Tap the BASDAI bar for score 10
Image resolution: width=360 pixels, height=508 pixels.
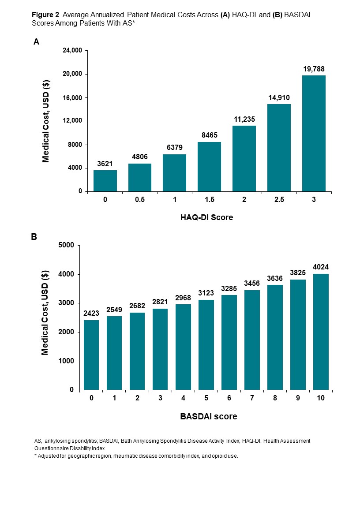320,332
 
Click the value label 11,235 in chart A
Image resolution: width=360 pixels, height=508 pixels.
244,119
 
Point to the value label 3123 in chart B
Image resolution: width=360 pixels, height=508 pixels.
206,293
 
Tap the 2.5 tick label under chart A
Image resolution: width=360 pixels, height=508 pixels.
279,200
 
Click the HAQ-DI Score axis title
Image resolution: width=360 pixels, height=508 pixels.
206,217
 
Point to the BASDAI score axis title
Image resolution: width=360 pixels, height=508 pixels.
208,416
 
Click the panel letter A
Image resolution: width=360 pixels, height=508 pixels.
37,42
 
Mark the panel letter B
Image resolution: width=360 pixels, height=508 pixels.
34,237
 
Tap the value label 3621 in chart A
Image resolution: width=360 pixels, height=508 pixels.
105,164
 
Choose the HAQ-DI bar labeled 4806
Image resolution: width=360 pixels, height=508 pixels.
140,177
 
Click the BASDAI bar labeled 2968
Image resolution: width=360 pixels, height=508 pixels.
183,347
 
